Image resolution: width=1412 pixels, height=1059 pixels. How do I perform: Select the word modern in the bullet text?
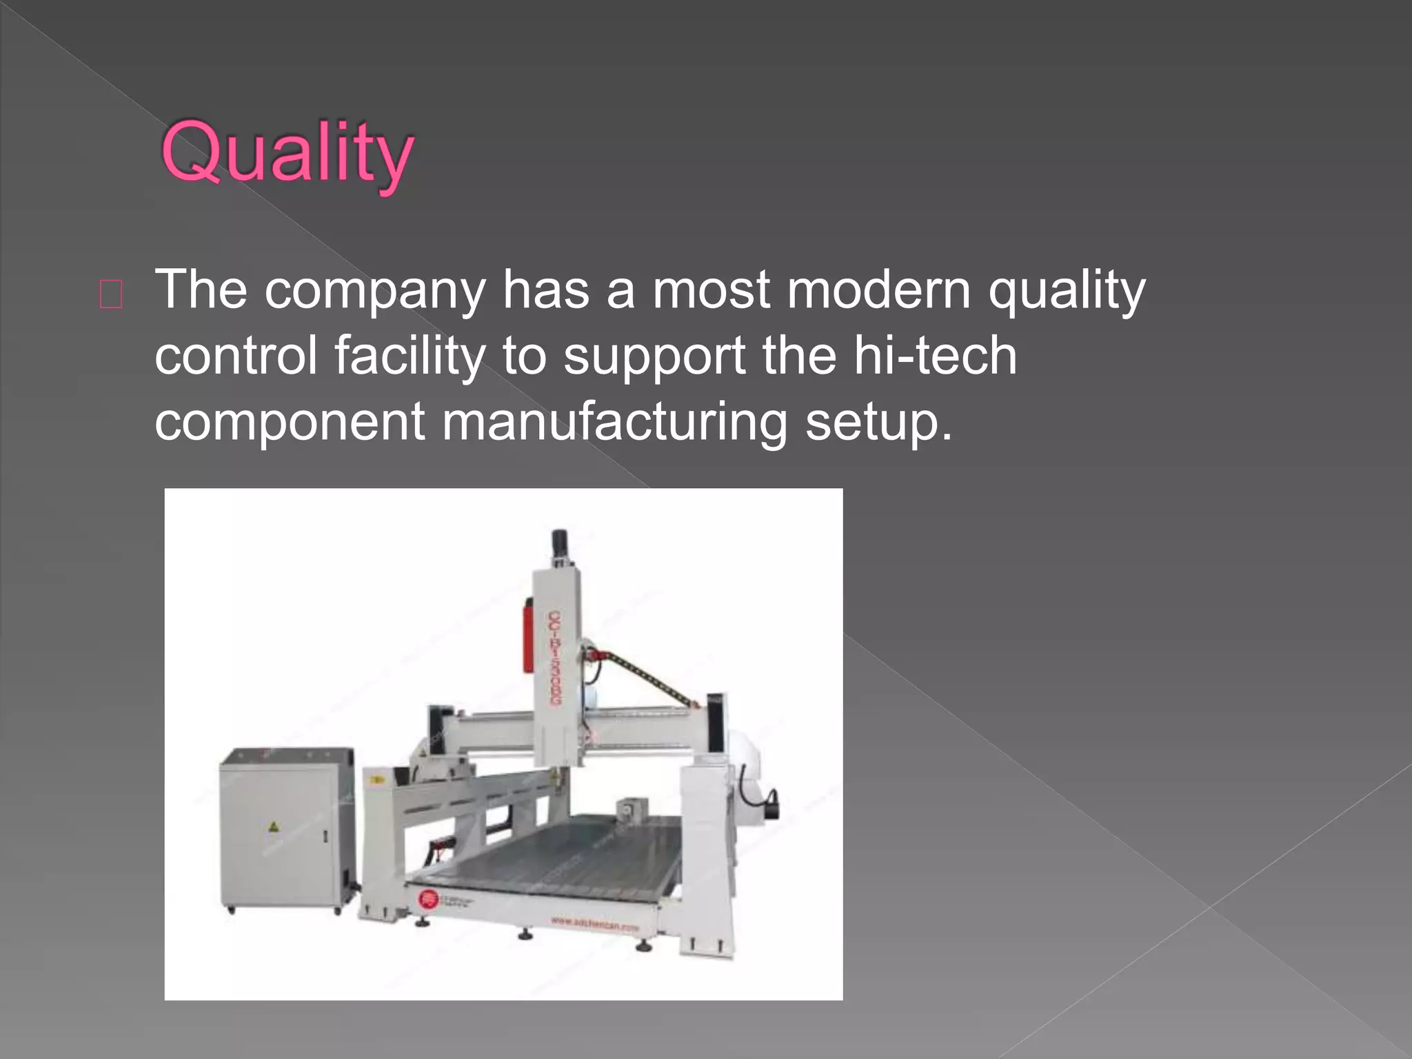[878, 290]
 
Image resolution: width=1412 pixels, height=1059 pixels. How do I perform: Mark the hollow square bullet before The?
[111, 294]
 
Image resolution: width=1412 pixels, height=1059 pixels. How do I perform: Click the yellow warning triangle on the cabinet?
[273, 826]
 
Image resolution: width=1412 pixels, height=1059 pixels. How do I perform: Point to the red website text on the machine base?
[594, 923]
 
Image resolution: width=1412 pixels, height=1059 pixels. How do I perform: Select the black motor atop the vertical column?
[559, 545]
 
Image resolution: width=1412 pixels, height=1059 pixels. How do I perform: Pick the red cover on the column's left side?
[528, 634]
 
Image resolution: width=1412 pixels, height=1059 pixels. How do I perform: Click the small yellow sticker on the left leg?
[376, 780]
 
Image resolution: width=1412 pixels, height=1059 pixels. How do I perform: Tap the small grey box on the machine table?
[629, 808]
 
